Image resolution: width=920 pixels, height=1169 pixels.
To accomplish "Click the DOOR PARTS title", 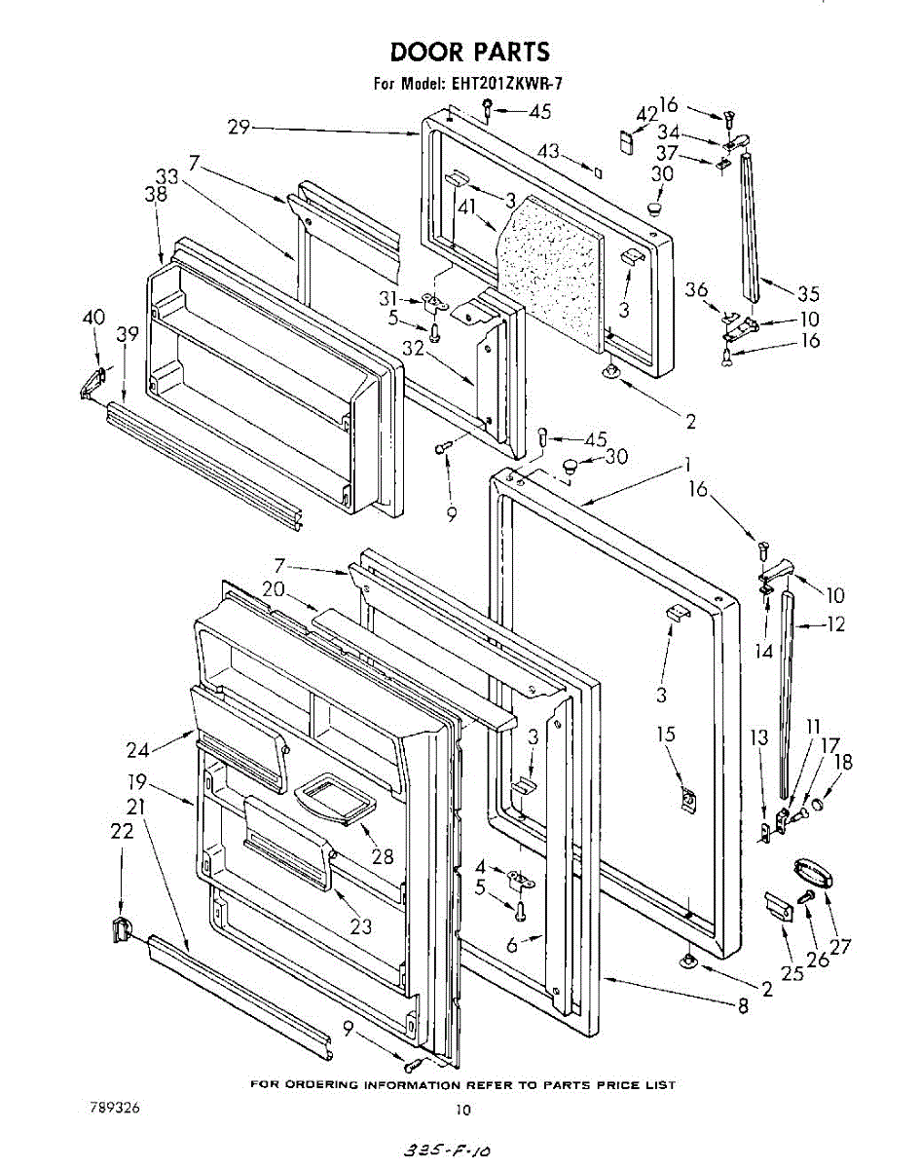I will [x=470, y=52].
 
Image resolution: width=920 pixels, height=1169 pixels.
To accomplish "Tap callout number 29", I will [x=239, y=127].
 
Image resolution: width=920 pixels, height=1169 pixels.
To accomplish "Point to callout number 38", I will [x=156, y=194].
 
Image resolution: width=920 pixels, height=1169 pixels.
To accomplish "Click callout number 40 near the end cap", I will [x=92, y=317].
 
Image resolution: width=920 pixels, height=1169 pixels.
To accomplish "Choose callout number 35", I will [x=808, y=293].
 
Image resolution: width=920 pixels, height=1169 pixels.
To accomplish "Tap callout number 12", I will [x=834, y=624].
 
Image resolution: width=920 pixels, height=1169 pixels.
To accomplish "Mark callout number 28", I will [x=383, y=856].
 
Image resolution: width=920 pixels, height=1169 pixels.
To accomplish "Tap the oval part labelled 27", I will [x=810, y=870].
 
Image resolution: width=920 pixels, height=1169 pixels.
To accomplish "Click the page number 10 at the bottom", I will [x=463, y=1109].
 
